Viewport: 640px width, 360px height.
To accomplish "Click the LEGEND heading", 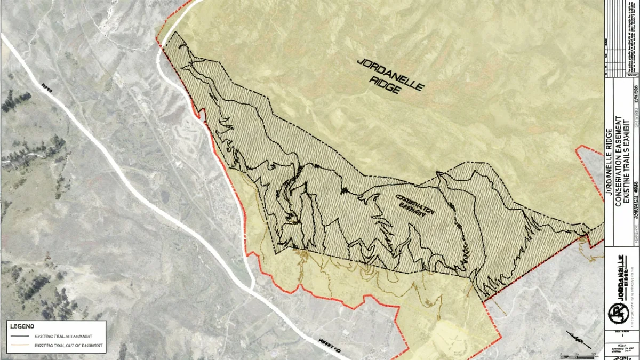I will (22, 326).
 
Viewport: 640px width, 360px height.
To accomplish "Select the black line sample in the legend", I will (20, 337).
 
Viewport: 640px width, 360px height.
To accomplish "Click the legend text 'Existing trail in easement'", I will (63, 337).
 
